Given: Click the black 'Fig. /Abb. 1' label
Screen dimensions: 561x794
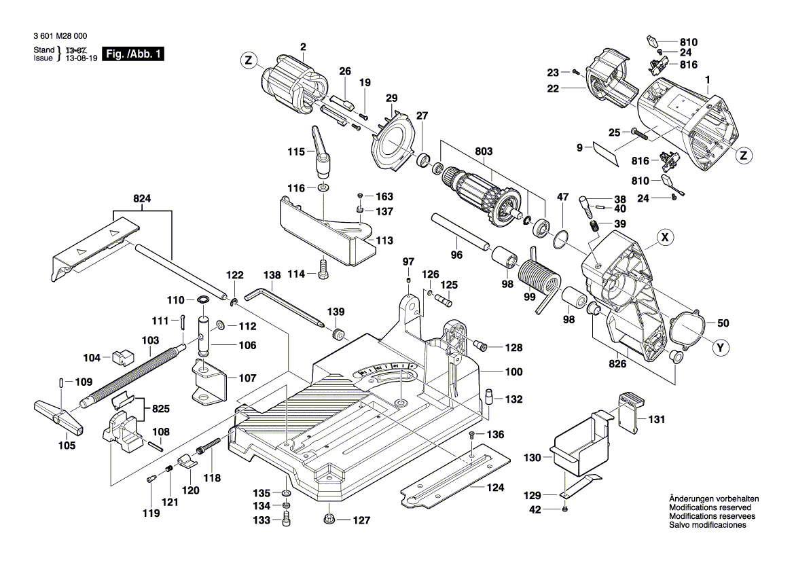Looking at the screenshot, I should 132,54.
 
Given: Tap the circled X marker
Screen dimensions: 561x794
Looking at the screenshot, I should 666,238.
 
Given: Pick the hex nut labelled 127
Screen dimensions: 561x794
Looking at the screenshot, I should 329,520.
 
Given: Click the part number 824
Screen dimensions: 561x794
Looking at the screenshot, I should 142,198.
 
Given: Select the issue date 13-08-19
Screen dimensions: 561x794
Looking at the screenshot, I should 82,59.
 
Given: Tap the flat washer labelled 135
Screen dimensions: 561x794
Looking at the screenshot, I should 287,492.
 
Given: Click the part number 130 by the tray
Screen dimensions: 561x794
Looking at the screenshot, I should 532,458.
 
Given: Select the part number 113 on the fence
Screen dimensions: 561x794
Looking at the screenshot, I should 384,240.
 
